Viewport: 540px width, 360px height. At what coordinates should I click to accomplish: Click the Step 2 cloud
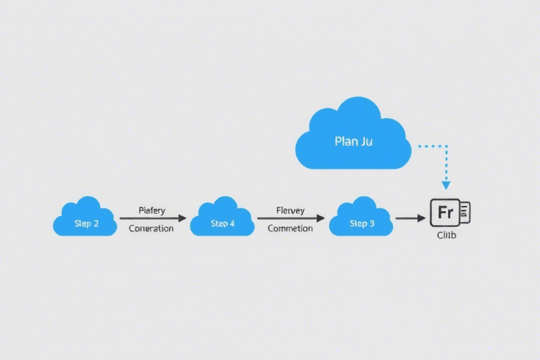click(84, 217)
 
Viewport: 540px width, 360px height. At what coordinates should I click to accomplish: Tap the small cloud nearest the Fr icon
click(361, 217)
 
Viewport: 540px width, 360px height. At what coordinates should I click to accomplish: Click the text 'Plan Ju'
click(354, 141)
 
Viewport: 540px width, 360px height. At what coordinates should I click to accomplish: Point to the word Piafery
click(152, 210)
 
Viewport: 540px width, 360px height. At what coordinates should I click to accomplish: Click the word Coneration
click(151, 229)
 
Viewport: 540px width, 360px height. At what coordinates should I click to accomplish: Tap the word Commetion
click(290, 229)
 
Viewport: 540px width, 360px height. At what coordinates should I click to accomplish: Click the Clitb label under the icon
click(446, 235)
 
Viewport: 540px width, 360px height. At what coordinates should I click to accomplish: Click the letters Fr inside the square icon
click(445, 212)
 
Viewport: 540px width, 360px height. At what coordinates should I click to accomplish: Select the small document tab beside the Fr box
click(465, 212)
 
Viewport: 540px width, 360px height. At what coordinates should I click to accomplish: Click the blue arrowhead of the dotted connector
click(446, 185)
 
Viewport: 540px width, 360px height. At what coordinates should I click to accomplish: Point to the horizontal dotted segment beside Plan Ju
click(432, 146)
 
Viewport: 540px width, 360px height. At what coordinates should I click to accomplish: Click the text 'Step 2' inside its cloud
click(86, 224)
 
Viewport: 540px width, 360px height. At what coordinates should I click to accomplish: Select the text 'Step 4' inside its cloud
click(223, 224)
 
